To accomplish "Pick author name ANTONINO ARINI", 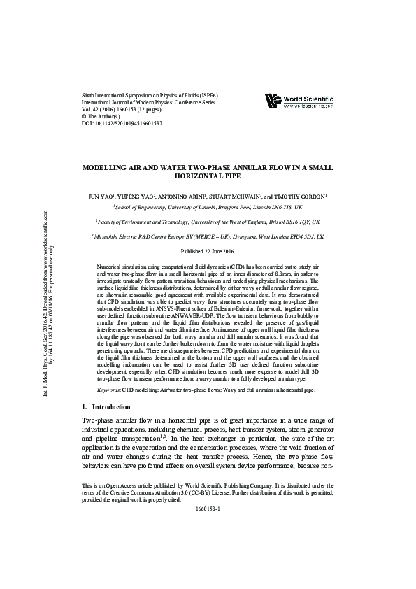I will (x=189, y=198).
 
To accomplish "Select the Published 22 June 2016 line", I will (x=208, y=251).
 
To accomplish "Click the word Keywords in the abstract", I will (x=110, y=389).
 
